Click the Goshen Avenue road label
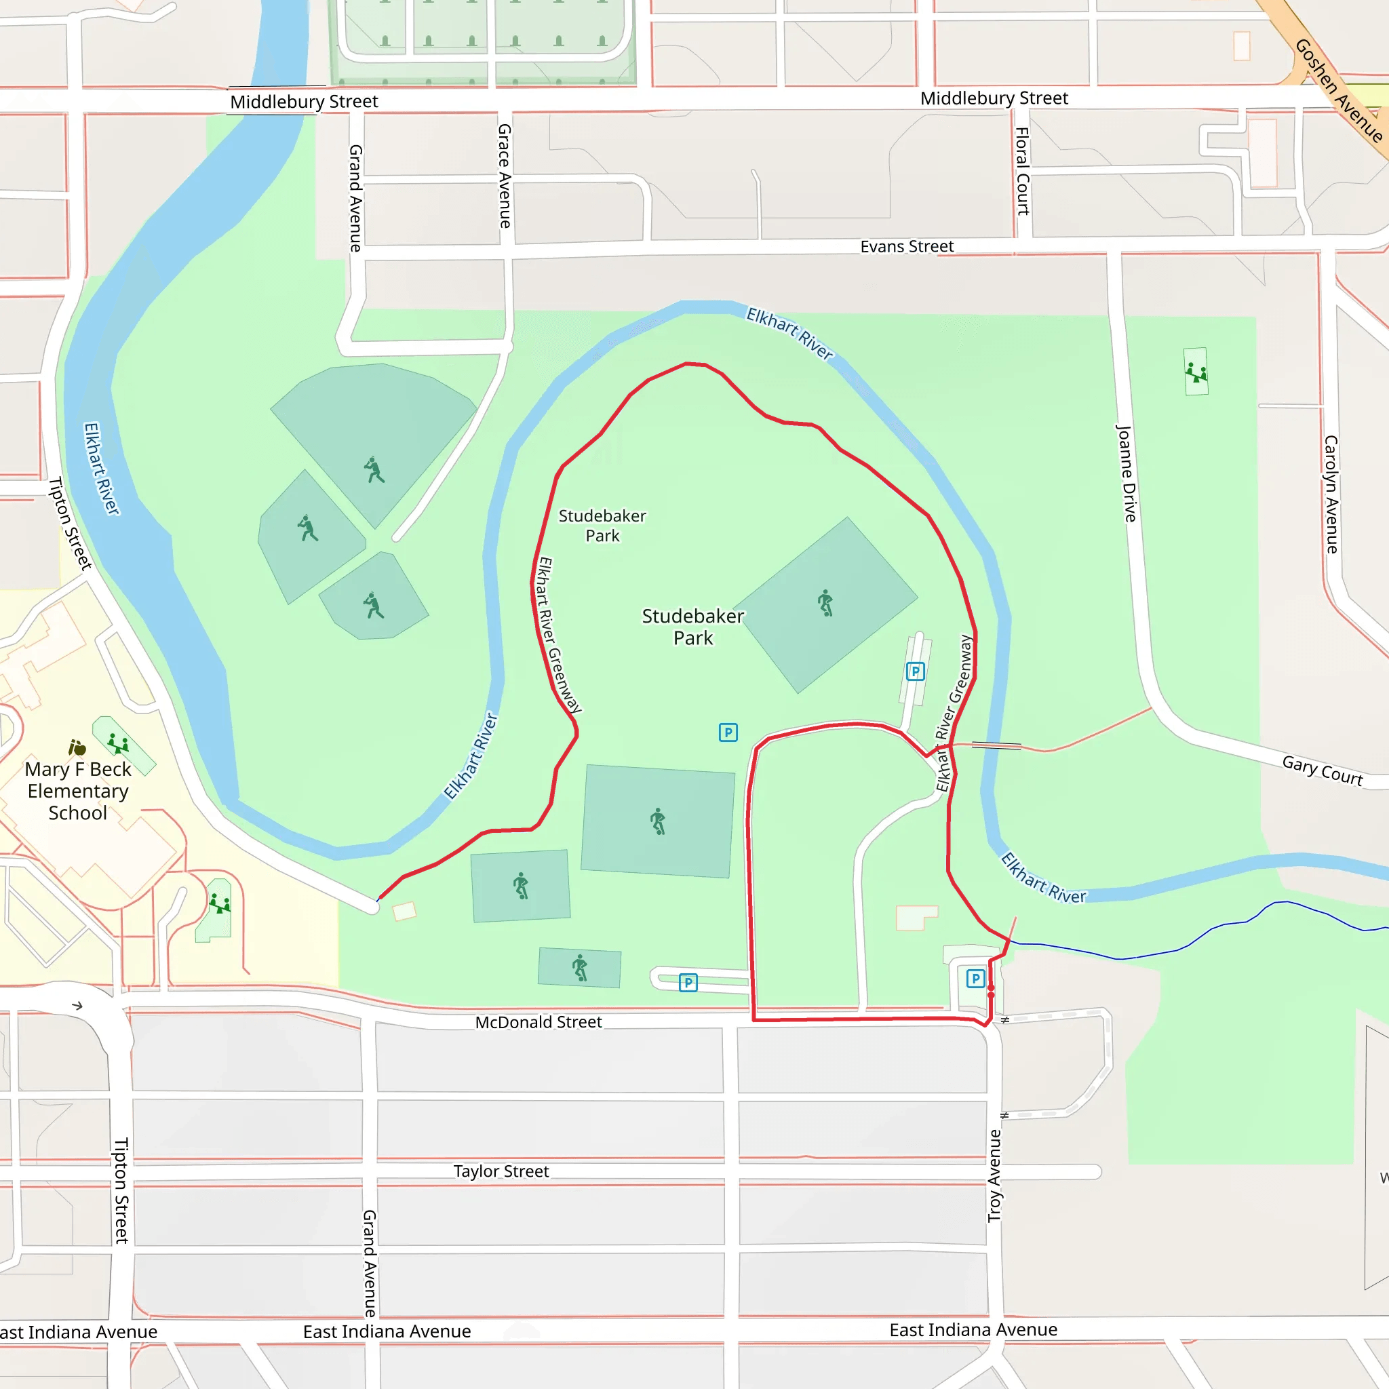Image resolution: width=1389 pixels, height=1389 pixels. coord(1339,90)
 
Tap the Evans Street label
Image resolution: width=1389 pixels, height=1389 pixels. coord(907,247)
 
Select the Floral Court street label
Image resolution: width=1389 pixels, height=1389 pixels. coord(1021,171)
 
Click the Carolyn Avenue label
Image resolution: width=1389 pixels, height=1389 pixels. coord(1331,494)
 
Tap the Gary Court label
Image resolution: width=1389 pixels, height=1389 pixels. coord(1322,770)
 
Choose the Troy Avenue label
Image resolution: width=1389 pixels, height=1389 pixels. coord(994,1175)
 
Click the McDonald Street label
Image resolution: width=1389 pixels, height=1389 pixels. coord(539,1022)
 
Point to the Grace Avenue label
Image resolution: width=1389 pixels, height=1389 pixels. coord(505,176)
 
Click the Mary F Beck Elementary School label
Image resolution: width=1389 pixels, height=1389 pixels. coord(77,791)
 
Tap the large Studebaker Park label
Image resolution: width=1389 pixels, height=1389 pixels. coord(693,627)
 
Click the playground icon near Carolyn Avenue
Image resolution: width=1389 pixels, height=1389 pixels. coord(1196,372)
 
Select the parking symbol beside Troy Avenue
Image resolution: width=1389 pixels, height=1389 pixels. coord(975,979)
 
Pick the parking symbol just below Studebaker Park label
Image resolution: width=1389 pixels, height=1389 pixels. coord(728,732)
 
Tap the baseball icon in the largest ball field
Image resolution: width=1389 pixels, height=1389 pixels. coord(374,470)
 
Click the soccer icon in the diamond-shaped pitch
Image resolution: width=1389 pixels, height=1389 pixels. coord(825,602)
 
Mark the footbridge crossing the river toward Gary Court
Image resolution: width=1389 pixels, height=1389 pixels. coord(996,745)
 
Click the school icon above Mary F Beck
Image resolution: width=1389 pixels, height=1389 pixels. coord(77,747)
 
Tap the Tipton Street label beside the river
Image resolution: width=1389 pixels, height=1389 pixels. coord(70,524)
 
